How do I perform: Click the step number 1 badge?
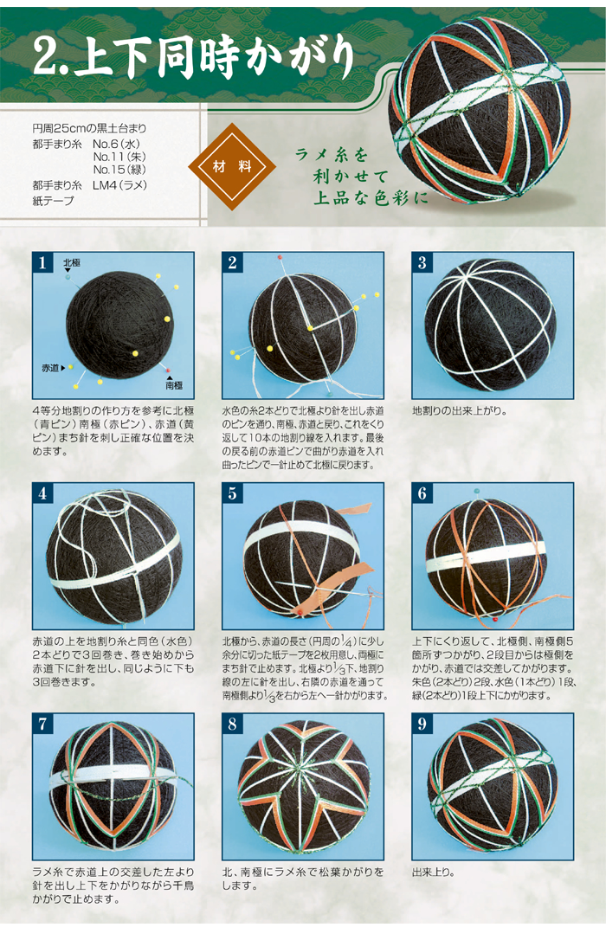pos(42,262)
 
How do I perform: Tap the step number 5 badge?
pos(232,493)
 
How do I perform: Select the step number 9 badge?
pos(422,724)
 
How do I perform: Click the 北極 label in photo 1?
pos(72,262)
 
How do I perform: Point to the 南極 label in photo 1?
pos(174,385)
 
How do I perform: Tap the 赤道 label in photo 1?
pos(50,368)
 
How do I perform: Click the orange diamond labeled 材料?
pos(232,167)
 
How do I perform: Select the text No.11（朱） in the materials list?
pos(119,157)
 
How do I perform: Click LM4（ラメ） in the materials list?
pos(119,185)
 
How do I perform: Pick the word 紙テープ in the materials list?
pos(54,201)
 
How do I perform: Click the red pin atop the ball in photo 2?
pos(280,257)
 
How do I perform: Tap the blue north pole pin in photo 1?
pos(68,277)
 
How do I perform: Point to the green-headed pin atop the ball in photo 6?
pos(476,491)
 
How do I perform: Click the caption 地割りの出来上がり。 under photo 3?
pos(460,411)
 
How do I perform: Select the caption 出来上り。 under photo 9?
pos(434,873)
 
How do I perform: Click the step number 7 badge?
pos(42,724)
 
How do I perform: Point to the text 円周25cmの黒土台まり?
pos(89,128)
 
